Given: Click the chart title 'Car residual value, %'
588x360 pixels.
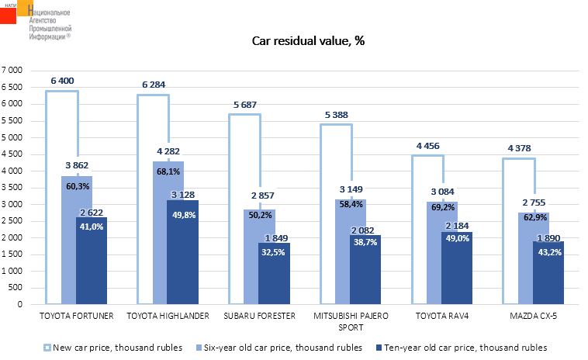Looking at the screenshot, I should pos(308,41).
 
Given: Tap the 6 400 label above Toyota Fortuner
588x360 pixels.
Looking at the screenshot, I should pos(65,81).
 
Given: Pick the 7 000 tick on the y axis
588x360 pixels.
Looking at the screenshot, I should pos(14,70).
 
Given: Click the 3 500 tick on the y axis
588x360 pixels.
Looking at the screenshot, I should pos(14,187).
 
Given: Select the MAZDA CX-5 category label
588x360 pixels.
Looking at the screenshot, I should pos(533,316).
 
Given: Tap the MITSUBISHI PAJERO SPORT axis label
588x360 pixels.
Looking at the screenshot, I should pos(351,320).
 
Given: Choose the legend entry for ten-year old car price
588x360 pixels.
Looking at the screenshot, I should pos(465,347).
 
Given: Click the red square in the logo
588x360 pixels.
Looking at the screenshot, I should pos(8,14).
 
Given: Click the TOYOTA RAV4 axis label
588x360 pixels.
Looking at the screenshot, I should pos(442,316).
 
